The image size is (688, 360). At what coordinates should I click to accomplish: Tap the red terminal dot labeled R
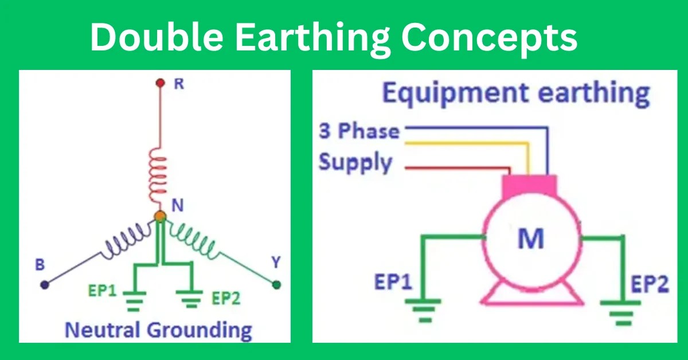click(x=161, y=83)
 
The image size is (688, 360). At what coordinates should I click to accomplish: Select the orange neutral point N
click(x=160, y=217)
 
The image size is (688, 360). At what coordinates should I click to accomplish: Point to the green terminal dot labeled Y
click(x=277, y=284)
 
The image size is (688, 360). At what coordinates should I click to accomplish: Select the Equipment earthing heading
click(x=516, y=93)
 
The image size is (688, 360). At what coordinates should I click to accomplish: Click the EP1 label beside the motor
click(x=394, y=283)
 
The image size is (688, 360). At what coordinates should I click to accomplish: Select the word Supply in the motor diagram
click(x=355, y=163)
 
